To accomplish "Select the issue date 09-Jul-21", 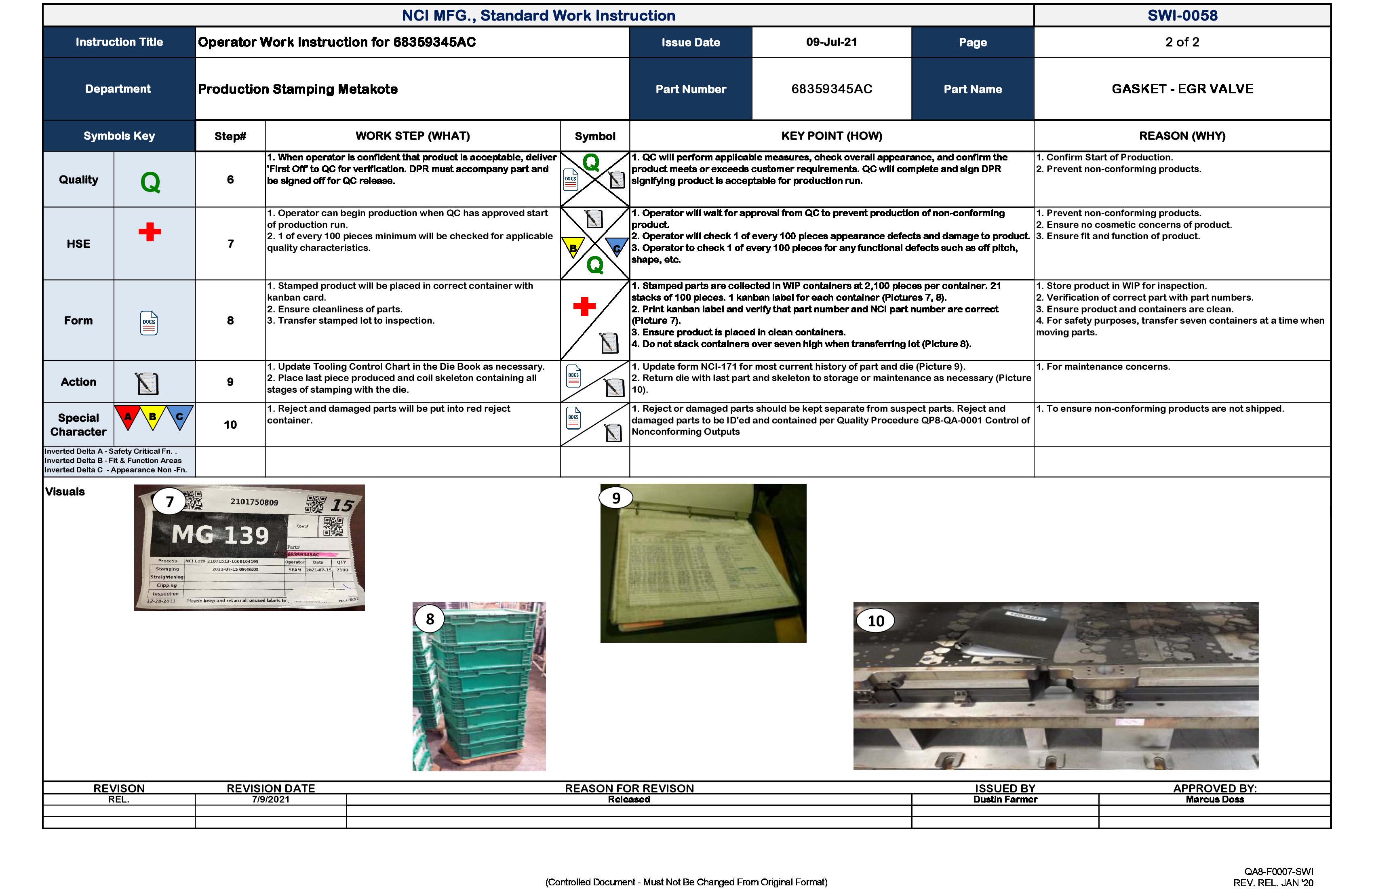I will (831, 42).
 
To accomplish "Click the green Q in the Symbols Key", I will (150, 182).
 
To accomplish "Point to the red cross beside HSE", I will (150, 232).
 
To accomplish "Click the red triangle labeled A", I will (128, 417).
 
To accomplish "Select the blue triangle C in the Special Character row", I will (179, 417).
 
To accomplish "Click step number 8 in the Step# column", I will (230, 320).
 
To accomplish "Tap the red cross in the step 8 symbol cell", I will (584, 307).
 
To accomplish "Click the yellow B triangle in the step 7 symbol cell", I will (573, 248).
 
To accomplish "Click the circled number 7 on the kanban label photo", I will (169, 501).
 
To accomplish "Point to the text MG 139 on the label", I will (221, 535).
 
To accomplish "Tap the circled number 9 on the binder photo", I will (616, 497).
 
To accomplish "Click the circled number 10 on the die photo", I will (875, 621).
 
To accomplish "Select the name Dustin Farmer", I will (1005, 800).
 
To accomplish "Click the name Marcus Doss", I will (1215, 800).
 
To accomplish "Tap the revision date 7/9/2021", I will (270, 800).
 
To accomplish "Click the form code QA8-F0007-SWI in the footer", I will (1278, 872).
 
